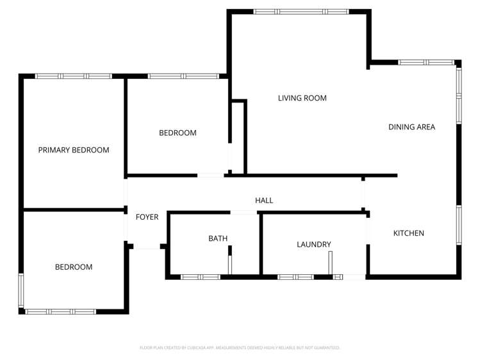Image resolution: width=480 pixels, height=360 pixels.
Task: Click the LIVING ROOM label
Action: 302,98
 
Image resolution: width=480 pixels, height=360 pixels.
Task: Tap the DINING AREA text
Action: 411,127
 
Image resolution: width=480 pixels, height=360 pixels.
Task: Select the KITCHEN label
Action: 409,233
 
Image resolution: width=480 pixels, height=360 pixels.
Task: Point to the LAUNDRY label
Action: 314,245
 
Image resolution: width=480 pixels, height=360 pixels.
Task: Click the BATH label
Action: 218,238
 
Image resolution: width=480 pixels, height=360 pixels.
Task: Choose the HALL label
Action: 264,200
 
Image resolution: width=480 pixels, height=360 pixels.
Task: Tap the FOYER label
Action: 147,217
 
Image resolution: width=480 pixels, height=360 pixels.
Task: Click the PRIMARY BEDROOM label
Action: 74,150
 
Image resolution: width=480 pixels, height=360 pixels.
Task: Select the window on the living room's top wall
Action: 301,12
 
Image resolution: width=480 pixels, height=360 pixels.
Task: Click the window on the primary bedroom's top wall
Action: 74,76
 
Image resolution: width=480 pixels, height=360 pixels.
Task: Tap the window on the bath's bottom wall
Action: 201,277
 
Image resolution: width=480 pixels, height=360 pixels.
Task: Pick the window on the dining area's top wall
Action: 426,62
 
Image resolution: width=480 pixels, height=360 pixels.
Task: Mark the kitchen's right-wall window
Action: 459,225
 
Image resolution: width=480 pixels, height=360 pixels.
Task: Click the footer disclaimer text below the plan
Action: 240,347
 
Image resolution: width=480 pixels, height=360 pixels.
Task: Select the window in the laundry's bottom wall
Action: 295,277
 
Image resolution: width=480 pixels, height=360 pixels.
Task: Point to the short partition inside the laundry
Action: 330,263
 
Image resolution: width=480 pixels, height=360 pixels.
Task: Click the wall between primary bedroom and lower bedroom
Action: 74,210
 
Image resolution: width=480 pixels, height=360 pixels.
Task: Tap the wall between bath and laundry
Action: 261,244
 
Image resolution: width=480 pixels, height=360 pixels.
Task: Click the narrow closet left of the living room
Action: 238,138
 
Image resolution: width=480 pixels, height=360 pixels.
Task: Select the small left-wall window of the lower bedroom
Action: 21,290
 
